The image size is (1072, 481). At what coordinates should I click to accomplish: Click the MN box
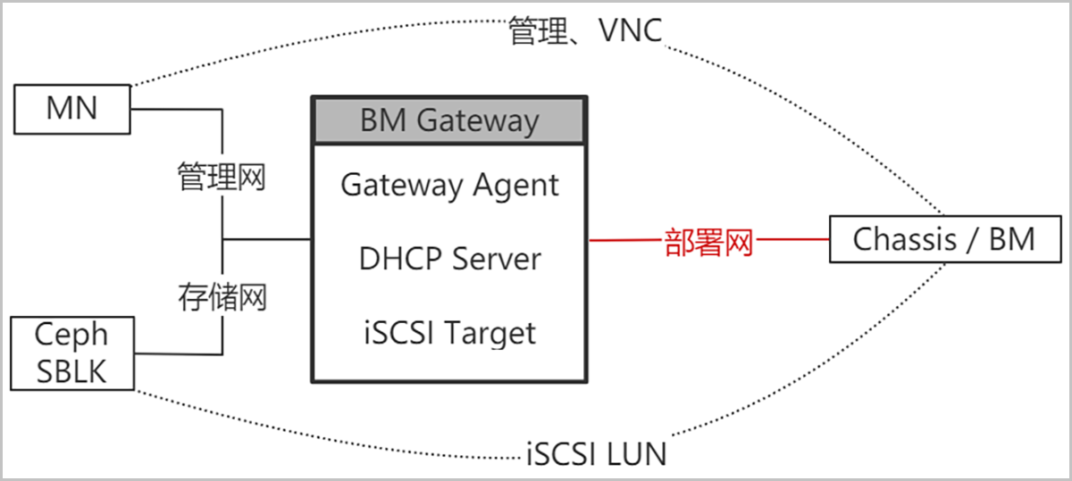pos(72,109)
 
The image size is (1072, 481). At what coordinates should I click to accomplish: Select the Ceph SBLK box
pos(71,352)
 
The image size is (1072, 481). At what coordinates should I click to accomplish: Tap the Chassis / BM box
pos(943,239)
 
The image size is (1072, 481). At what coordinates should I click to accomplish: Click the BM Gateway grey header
pos(449,120)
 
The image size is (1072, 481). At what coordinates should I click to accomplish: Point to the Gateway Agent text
pos(449,186)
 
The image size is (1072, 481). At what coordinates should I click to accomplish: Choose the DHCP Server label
pos(449,259)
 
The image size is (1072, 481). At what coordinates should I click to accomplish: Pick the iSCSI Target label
pos(449,333)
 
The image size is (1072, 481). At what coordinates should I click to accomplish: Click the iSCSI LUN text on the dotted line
pos(595,454)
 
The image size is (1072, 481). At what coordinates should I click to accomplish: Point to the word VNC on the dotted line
pos(630,32)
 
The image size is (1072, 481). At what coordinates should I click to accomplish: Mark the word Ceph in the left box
pos(71,335)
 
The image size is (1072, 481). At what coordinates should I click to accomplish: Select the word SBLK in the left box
pos(71,370)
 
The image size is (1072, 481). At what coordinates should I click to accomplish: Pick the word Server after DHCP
pos(497,259)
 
